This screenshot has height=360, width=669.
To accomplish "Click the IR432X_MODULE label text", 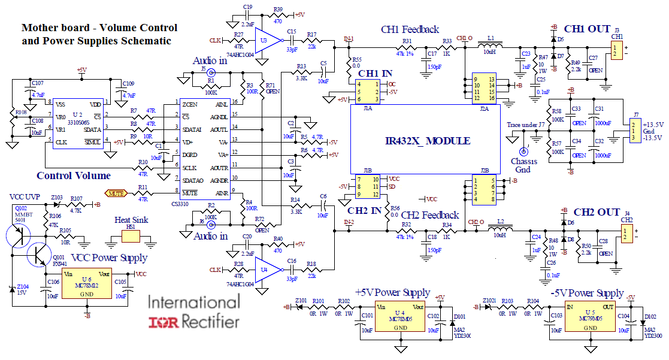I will coord(427,141).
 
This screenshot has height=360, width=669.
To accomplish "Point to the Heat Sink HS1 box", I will coord(129,236).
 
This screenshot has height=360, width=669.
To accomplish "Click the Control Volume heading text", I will coord(74,176).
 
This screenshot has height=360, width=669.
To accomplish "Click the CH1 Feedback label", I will coord(410,29).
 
